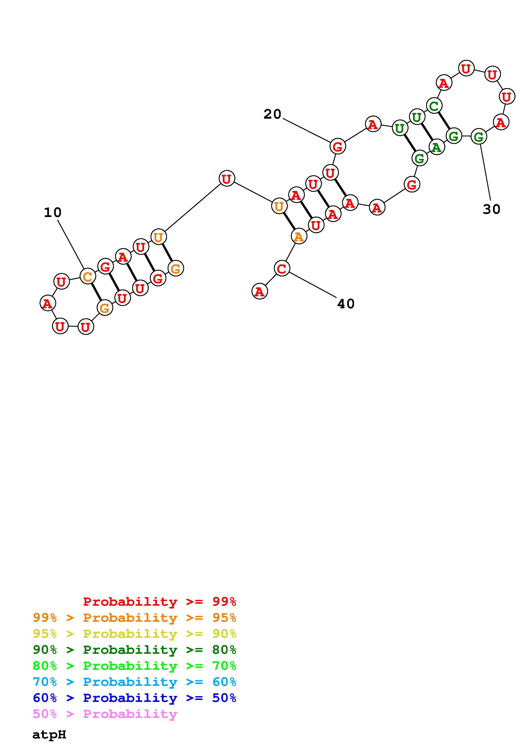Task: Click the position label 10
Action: [x=53, y=213]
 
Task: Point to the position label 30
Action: [x=492, y=209]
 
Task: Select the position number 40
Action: [x=346, y=304]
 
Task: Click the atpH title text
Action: [x=49, y=735]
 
